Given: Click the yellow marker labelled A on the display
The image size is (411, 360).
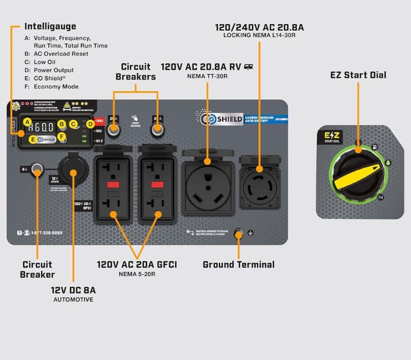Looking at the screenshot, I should [x=26, y=122].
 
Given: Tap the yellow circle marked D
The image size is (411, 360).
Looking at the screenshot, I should [x=90, y=123].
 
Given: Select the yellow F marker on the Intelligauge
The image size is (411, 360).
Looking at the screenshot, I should [x=63, y=136].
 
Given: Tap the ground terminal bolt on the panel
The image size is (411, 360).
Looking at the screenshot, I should [x=238, y=234].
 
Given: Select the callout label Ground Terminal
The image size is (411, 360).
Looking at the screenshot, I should [x=238, y=265].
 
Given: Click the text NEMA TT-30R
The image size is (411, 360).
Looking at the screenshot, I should [x=207, y=76].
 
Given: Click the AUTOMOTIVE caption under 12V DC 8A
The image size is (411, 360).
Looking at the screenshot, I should [x=73, y=299].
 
